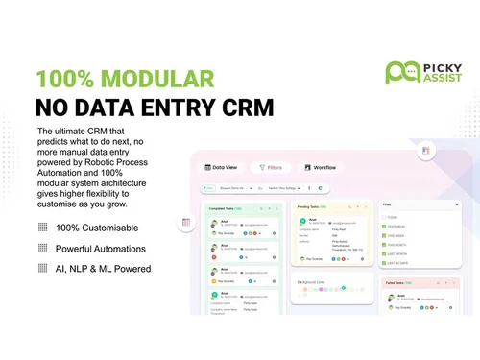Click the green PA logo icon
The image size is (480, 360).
(x=398, y=71)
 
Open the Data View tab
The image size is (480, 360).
(x=223, y=167)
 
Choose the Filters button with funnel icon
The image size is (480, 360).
(x=273, y=167)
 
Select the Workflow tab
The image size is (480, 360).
(x=320, y=167)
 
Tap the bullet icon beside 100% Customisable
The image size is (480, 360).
(x=42, y=228)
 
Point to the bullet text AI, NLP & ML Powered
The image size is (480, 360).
(x=103, y=269)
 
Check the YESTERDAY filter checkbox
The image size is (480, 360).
(x=386, y=226)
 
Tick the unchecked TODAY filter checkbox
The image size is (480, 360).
(x=386, y=216)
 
